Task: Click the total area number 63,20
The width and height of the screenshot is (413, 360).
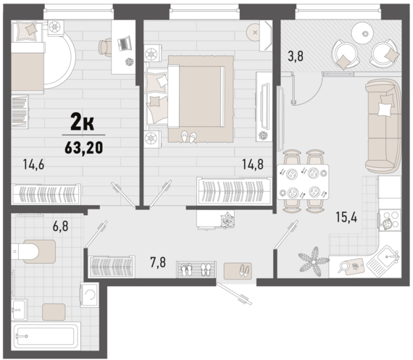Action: pyautogui.click(x=84, y=148)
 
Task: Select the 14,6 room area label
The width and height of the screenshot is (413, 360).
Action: pyautogui.click(x=33, y=164)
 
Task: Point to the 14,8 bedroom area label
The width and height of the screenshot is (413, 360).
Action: pyautogui.click(x=253, y=164)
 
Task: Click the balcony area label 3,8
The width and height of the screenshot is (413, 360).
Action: pyautogui.click(x=296, y=56)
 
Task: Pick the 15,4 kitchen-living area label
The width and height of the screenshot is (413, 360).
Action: pyautogui.click(x=346, y=217)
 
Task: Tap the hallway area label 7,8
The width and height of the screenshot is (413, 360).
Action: pyautogui.click(x=158, y=262)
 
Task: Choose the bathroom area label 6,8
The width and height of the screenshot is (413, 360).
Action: pyautogui.click(x=61, y=226)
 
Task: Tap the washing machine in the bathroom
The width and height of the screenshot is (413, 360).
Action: pyautogui.click(x=90, y=295)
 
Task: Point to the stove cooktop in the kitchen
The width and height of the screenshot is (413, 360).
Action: pyautogui.click(x=390, y=220)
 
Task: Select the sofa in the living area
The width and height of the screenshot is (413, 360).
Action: pyautogui.click(x=383, y=126)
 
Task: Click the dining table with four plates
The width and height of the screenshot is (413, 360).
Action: pyautogui.click(x=303, y=182)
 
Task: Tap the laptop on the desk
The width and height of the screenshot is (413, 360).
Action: pyautogui.click(x=124, y=43)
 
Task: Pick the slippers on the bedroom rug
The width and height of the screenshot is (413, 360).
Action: pyautogui.click(x=189, y=137)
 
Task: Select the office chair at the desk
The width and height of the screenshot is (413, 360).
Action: pyautogui.click(x=105, y=47)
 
